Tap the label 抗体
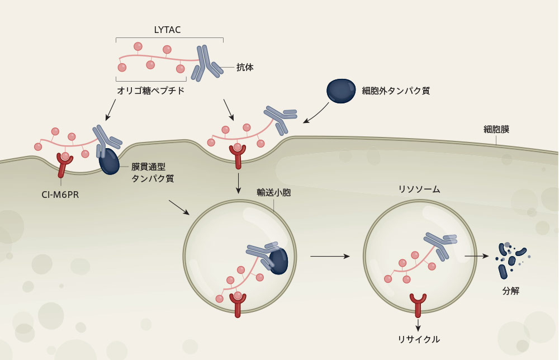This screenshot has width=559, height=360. (245, 68)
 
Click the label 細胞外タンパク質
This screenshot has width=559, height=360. (396, 90)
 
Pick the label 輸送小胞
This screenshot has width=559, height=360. (273, 192)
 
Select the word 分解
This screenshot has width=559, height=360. (511, 291)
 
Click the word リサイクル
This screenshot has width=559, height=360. (419, 339)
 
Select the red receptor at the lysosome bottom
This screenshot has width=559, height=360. (418, 304)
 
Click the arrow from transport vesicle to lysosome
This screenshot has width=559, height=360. (329, 256)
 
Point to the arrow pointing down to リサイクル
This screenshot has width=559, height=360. (418, 324)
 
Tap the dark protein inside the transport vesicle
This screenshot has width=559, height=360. (278, 261)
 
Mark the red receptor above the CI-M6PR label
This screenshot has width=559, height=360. (65, 164)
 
